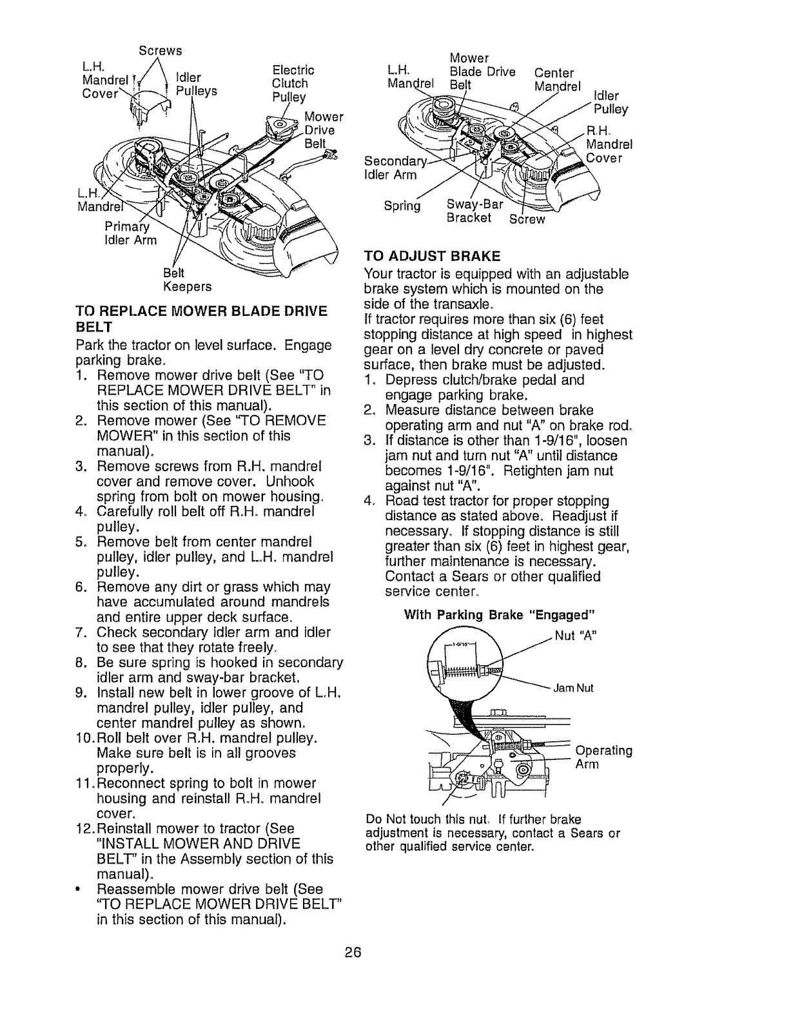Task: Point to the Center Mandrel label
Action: [x=556, y=79]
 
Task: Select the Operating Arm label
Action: [x=603, y=757]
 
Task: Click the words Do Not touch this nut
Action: [x=425, y=820]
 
